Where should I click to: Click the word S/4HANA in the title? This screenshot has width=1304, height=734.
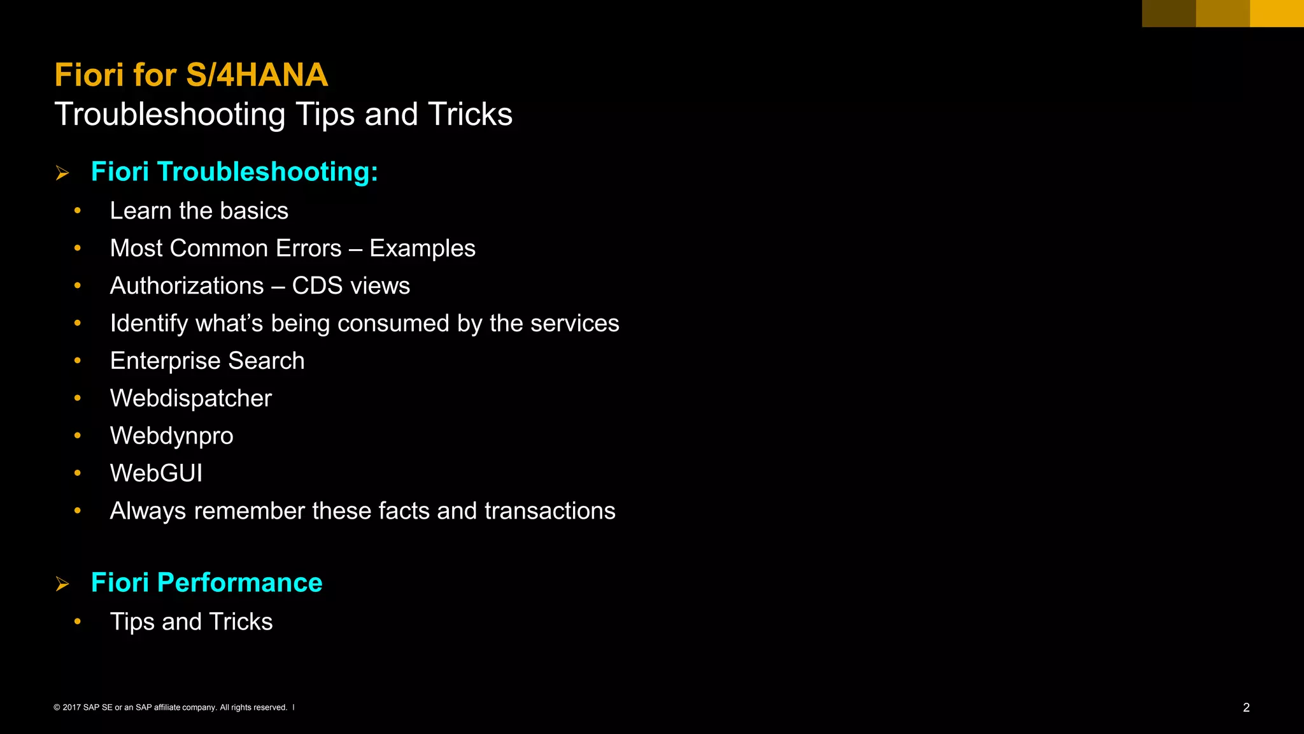257,75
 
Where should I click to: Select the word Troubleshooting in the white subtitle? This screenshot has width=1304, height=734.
170,115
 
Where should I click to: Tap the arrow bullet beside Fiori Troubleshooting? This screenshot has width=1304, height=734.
62,173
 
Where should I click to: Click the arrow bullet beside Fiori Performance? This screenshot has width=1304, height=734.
62,584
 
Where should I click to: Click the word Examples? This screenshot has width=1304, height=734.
422,248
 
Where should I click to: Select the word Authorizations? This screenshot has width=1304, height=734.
187,286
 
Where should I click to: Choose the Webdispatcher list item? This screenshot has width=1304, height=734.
190,398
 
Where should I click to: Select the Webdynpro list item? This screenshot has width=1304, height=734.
171,436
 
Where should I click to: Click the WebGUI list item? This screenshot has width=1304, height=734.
156,473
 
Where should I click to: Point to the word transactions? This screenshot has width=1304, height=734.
549,511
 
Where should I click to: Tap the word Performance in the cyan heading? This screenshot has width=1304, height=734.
239,583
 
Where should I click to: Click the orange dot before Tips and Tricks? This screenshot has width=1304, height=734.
78,621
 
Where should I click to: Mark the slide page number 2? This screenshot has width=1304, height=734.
1246,707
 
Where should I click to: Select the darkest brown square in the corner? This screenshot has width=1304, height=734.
1168,13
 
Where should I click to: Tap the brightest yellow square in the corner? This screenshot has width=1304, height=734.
1277,13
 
